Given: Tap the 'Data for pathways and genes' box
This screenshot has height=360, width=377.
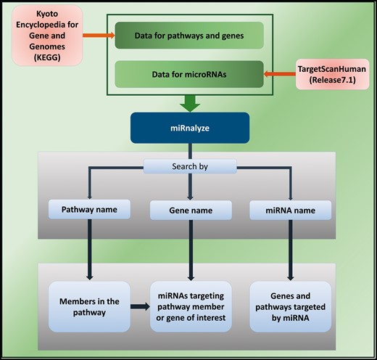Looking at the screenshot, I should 188,36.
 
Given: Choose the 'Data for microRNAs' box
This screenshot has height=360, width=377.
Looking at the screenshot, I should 188,73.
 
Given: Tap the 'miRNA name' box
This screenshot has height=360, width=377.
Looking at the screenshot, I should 291,210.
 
